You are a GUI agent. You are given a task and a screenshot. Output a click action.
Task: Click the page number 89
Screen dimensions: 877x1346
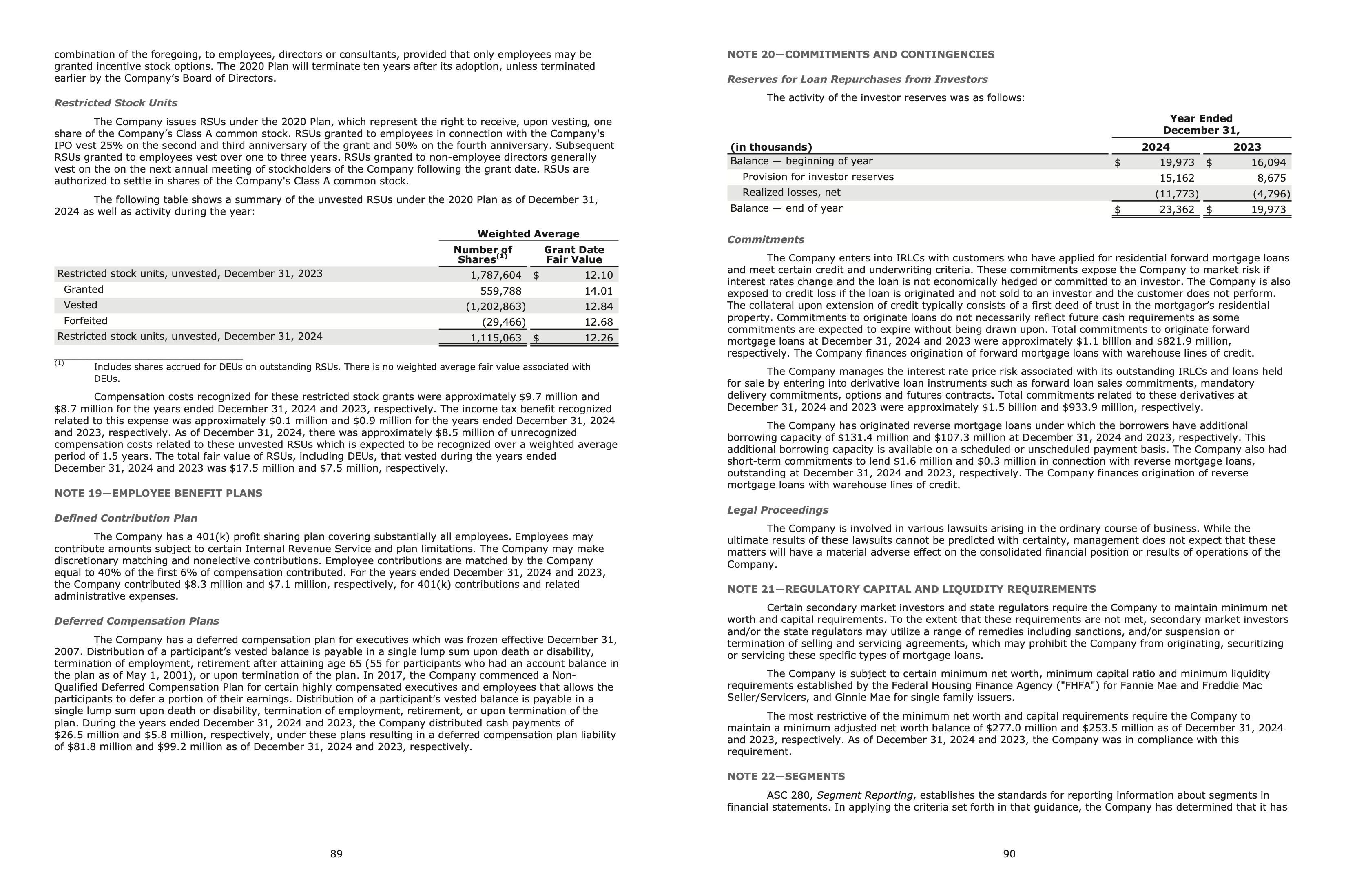click(336, 854)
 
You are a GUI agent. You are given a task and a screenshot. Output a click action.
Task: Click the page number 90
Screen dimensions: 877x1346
click(1009, 854)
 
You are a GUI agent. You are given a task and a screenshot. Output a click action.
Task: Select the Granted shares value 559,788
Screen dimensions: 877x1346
click(500, 291)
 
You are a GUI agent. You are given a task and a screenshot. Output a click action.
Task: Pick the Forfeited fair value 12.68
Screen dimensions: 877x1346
click(598, 322)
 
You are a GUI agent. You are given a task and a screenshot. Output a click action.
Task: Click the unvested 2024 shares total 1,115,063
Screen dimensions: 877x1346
click(496, 338)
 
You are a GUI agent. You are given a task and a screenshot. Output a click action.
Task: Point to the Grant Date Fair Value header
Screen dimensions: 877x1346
click(574, 255)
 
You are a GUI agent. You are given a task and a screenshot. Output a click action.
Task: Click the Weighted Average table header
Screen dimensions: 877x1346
click(528, 234)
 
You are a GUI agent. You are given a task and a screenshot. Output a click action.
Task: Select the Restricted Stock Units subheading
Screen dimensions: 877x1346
click(115, 103)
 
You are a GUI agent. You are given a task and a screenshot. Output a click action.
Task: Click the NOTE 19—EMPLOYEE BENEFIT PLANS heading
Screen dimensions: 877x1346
click(158, 493)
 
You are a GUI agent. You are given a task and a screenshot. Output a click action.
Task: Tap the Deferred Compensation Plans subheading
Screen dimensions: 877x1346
click(136, 621)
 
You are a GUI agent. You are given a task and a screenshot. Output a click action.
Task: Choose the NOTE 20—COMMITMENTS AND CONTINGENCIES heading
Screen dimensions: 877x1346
click(860, 54)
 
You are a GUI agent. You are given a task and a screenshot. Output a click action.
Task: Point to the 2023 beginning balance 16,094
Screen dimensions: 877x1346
click(1269, 163)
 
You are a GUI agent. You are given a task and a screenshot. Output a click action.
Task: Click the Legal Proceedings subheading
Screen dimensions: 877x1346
click(777, 510)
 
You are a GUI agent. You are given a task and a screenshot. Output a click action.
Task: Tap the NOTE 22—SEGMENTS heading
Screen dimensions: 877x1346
click(786, 776)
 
